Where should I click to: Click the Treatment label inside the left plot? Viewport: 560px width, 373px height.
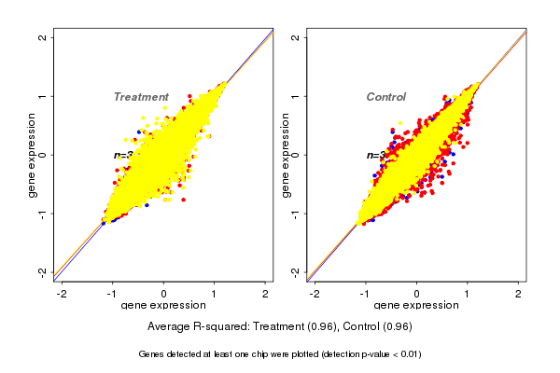pos(141,97)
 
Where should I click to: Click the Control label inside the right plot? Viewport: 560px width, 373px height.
pos(386,97)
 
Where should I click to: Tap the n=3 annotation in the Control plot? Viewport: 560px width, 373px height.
pos(375,155)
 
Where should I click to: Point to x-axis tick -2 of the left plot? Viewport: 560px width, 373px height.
pos(63,294)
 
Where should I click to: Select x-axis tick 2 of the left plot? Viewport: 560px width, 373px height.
pos(265,294)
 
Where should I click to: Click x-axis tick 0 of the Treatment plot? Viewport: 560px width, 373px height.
pos(164,294)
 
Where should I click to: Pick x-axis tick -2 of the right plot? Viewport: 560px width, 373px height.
pos(315,294)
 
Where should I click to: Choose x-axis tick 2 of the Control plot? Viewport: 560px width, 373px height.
pos(518,294)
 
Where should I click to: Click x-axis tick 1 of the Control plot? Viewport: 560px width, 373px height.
pos(468,294)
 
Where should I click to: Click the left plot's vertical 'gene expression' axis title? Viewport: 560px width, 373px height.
pos(32,155)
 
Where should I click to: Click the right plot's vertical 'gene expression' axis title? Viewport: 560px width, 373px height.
pos(285,155)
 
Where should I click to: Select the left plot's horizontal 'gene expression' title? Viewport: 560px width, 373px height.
pos(164,306)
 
